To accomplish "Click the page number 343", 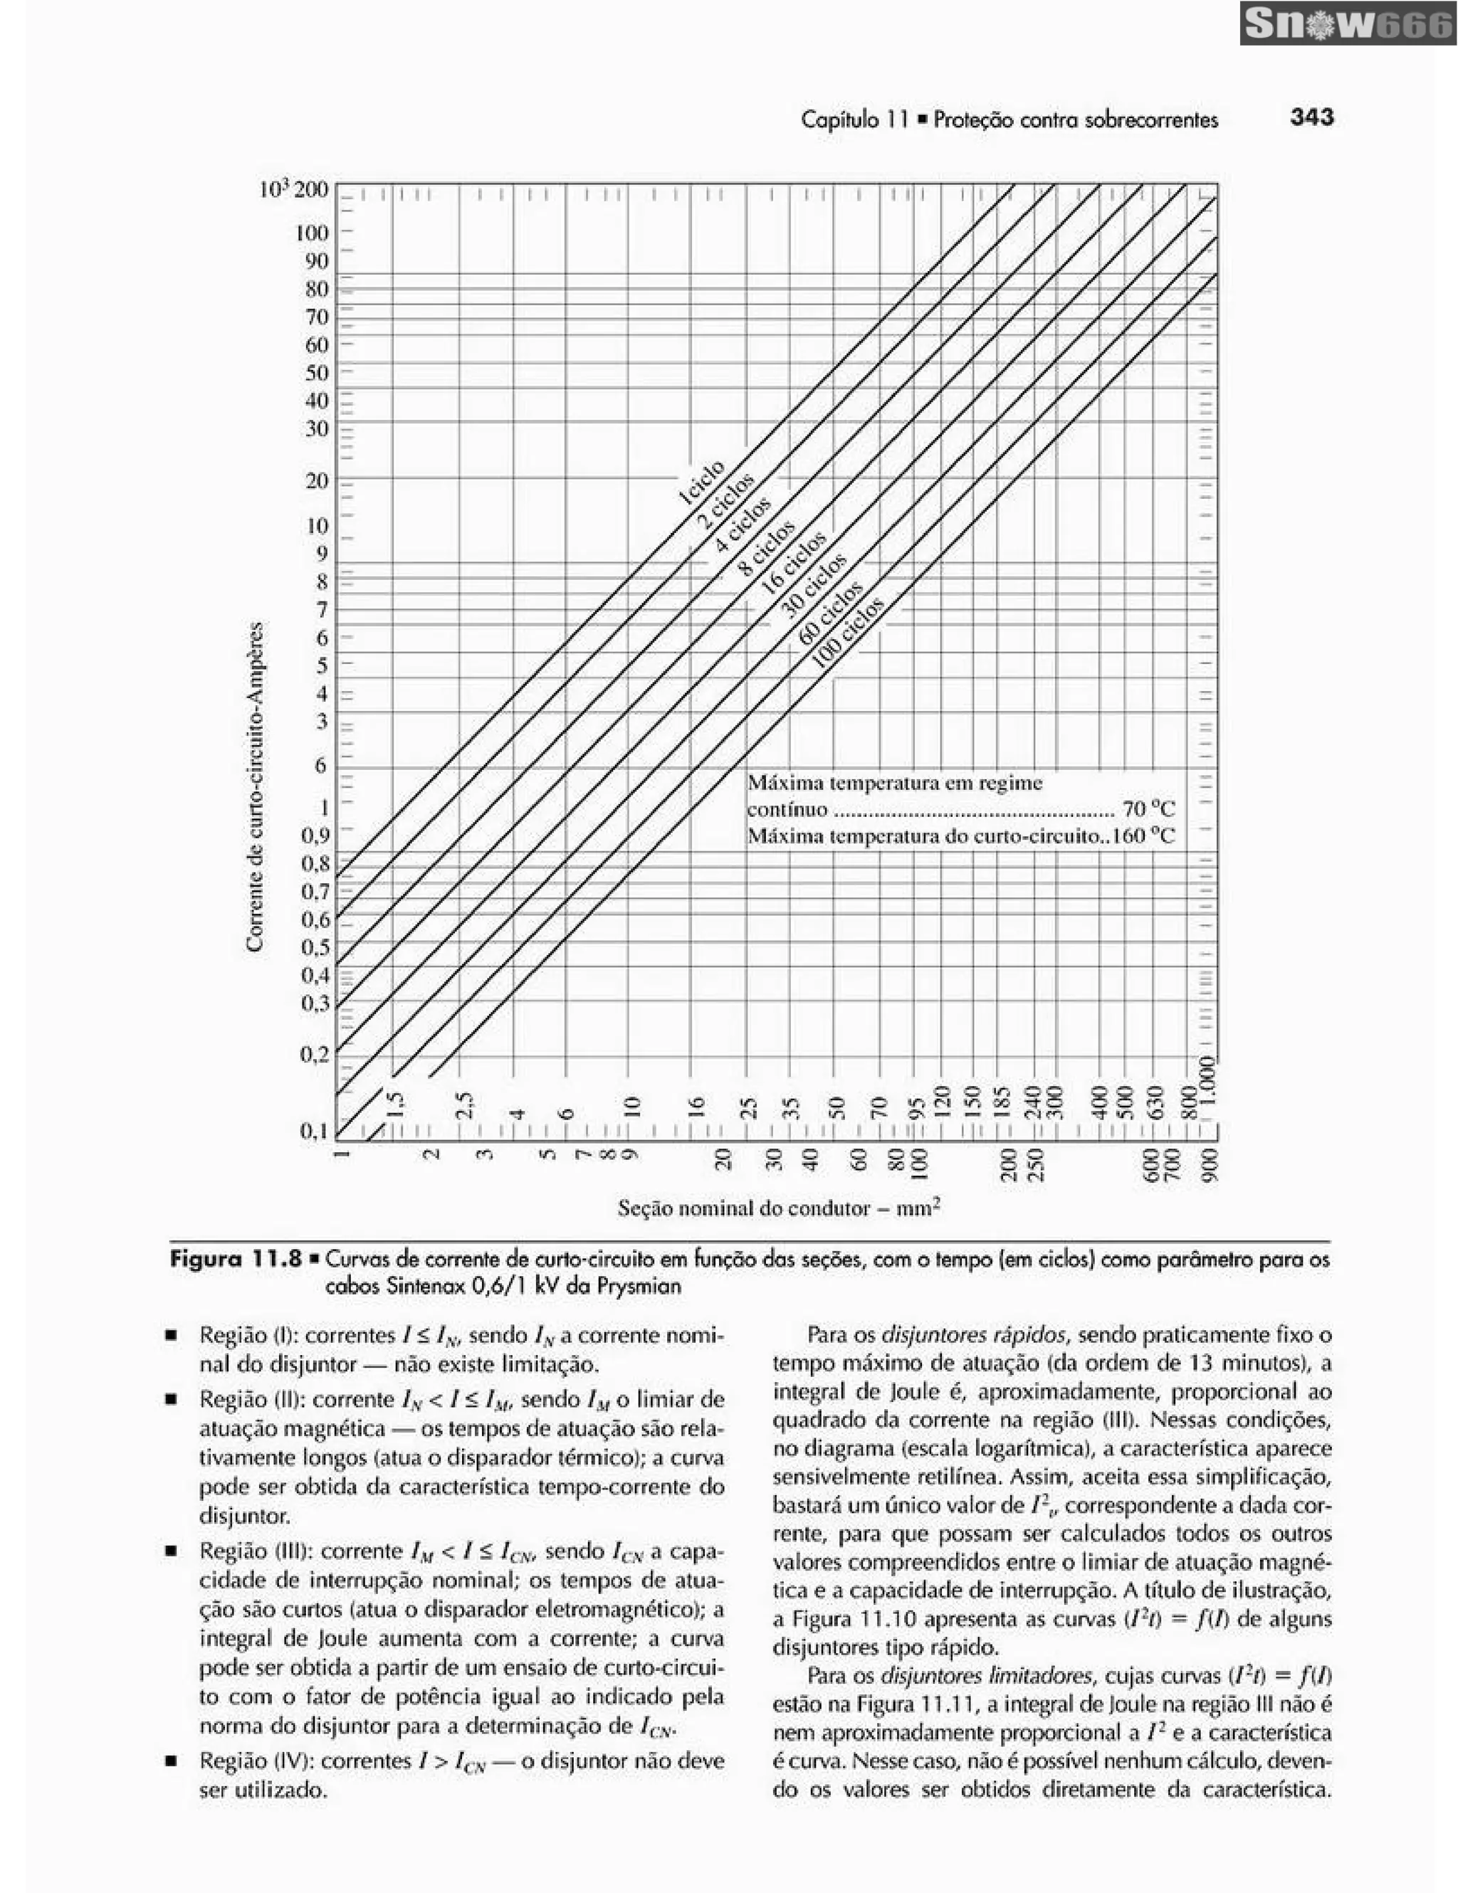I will coord(1311,117).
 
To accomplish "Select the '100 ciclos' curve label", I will coord(849,633).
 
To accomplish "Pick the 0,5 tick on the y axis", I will coord(315,946).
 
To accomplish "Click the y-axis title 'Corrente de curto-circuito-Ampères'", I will coord(255,786).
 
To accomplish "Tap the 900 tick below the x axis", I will coord(1210,1162).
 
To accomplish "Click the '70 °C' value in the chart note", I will coord(1148,810).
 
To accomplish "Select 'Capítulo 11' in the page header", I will coord(853,120).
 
